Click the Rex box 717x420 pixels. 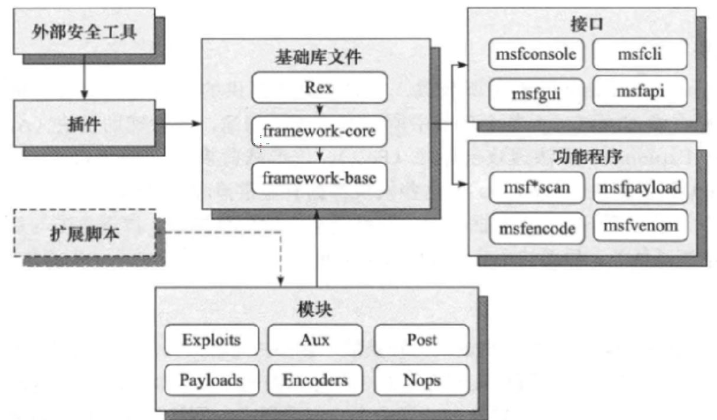(x=319, y=87)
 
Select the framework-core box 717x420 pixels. (x=319, y=131)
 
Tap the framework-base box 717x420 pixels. (x=319, y=178)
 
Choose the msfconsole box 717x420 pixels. (x=537, y=54)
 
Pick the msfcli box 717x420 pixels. (x=640, y=54)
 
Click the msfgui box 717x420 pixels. (x=537, y=95)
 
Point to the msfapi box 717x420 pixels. (x=640, y=91)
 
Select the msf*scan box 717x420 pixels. (x=537, y=188)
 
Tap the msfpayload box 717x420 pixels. (x=640, y=188)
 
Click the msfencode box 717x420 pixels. (x=537, y=229)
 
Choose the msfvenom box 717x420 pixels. (x=640, y=226)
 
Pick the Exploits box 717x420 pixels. (x=212, y=340)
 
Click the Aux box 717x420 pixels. (x=315, y=340)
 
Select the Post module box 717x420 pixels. (x=422, y=340)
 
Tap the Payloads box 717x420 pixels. (x=212, y=380)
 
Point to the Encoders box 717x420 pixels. (x=315, y=380)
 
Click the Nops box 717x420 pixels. (x=422, y=380)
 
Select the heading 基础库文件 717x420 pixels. (x=319, y=57)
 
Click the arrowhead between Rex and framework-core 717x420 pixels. (x=319, y=110)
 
